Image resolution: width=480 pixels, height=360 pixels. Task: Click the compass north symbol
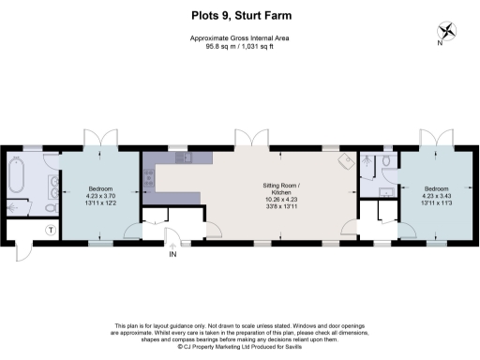point(449,30)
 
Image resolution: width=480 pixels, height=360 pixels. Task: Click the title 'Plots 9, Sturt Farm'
point(240,14)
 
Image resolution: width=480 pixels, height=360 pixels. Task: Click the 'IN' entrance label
point(172,254)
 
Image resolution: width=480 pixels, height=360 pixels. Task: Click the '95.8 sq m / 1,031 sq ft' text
point(240,44)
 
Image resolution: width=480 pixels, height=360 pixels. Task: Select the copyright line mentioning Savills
point(240,346)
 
